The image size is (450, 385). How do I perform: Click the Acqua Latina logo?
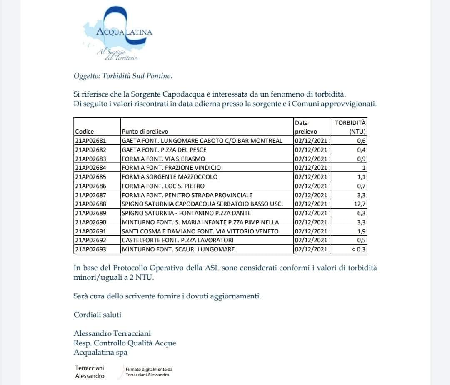pos(119,34)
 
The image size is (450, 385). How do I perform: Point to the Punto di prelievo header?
pos(145,132)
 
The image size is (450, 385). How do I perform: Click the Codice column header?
pos(85,132)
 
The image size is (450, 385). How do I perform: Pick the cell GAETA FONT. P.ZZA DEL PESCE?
pos(164,150)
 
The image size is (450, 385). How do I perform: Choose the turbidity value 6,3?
pos(361,213)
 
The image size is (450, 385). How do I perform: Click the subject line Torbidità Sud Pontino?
pos(122,76)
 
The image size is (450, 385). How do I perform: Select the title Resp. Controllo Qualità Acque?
pos(125,343)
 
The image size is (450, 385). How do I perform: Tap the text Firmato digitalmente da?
pos(149,369)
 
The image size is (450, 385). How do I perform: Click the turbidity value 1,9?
pos(361,231)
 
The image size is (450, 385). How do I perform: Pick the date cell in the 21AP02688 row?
pos(311,204)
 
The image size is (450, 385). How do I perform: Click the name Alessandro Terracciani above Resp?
pos(112,333)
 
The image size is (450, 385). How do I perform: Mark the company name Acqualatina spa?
pos(100,353)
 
